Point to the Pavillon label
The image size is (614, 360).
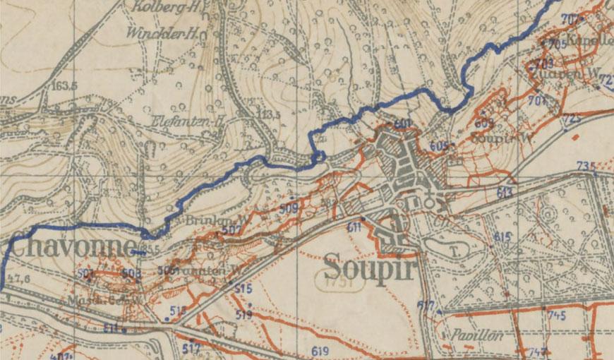click(x=478, y=336)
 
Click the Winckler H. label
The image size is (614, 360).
click(x=162, y=32)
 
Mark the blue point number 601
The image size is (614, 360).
click(x=403, y=124)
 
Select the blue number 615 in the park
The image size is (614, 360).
click(x=502, y=236)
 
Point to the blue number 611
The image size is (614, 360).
click(x=354, y=227)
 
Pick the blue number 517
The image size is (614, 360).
click(x=191, y=348)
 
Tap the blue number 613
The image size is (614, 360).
click(x=505, y=192)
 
